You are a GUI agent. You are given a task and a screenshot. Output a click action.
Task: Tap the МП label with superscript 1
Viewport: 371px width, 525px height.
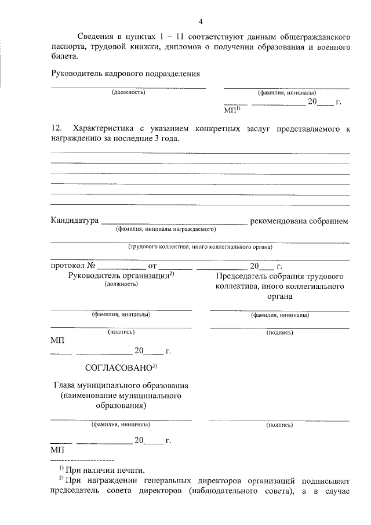click(x=232, y=108)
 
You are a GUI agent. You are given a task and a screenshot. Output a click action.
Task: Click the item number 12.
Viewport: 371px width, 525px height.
click(x=56, y=128)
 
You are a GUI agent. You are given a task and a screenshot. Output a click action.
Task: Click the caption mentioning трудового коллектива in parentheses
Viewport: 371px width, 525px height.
click(x=200, y=247)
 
